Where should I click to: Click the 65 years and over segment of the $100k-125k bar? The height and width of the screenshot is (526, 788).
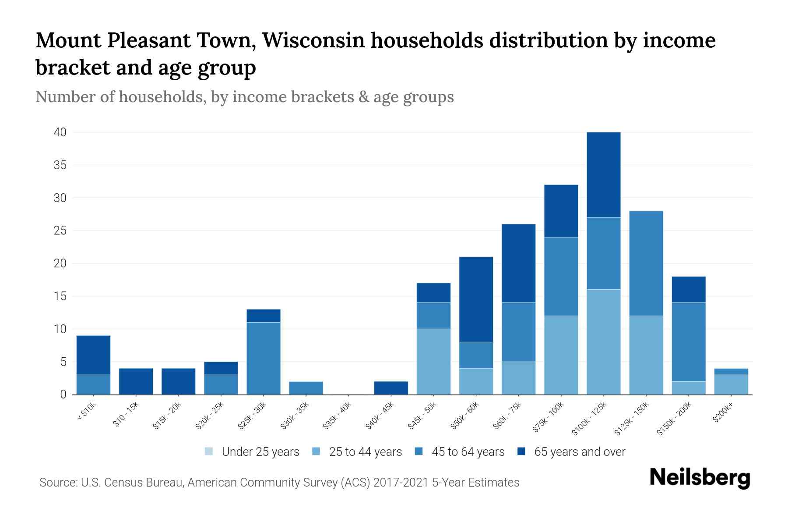(x=604, y=174)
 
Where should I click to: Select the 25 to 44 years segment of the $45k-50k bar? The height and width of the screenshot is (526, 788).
(x=433, y=362)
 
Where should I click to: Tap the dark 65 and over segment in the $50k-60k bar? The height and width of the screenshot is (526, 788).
(x=476, y=299)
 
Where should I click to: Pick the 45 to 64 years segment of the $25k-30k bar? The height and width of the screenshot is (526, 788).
(x=263, y=358)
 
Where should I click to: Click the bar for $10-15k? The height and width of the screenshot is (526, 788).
(x=136, y=381)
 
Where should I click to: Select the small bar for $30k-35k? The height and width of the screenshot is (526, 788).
(x=306, y=388)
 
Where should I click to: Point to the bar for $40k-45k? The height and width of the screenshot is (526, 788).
(x=391, y=388)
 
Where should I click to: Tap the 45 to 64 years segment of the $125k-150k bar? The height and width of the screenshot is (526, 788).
(x=646, y=263)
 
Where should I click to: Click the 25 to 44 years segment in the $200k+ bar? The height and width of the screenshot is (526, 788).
(x=731, y=384)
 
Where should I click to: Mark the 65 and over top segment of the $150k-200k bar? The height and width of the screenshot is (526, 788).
(x=689, y=289)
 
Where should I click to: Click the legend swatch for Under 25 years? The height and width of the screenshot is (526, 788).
(x=209, y=451)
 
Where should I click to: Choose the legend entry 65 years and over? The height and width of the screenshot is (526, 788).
(x=579, y=452)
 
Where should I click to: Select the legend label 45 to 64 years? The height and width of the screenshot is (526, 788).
(x=468, y=452)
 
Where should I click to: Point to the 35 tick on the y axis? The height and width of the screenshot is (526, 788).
(x=60, y=165)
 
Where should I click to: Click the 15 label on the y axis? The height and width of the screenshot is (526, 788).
(x=60, y=296)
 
